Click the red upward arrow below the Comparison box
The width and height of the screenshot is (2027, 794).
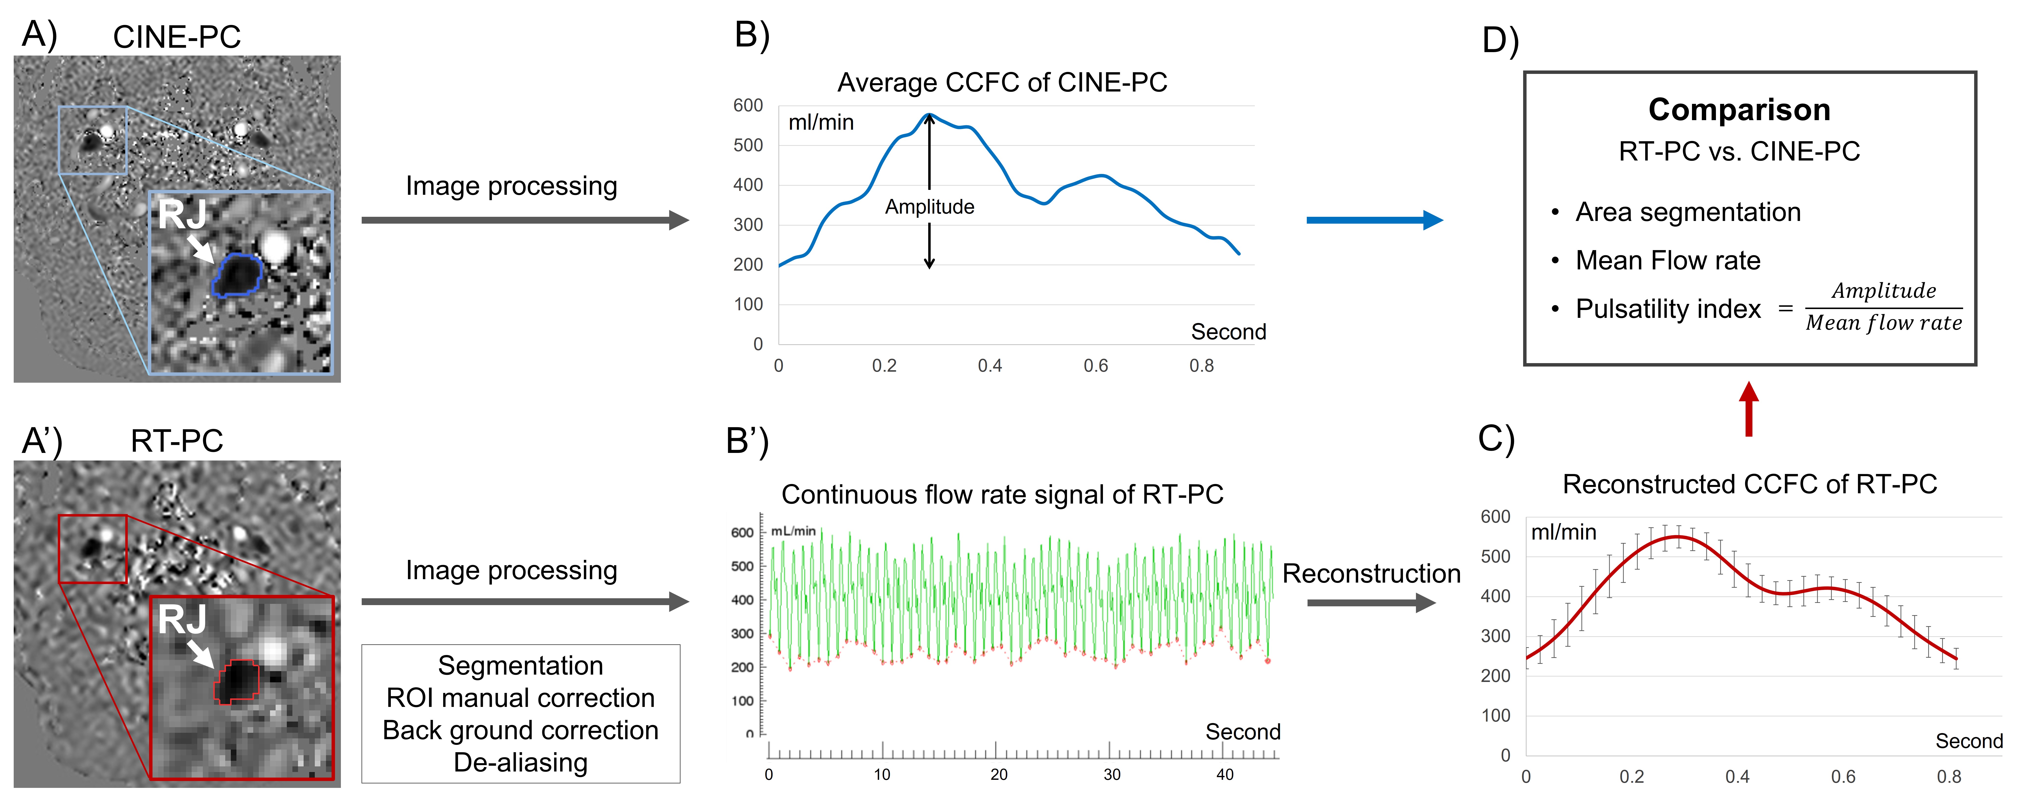point(1749,409)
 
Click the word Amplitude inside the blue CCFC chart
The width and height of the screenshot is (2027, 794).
point(929,207)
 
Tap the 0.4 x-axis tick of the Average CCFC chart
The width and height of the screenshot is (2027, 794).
point(990,366)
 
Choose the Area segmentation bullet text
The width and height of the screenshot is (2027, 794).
point(1688,212)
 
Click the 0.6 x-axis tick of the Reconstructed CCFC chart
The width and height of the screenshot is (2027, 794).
point(1843,777)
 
